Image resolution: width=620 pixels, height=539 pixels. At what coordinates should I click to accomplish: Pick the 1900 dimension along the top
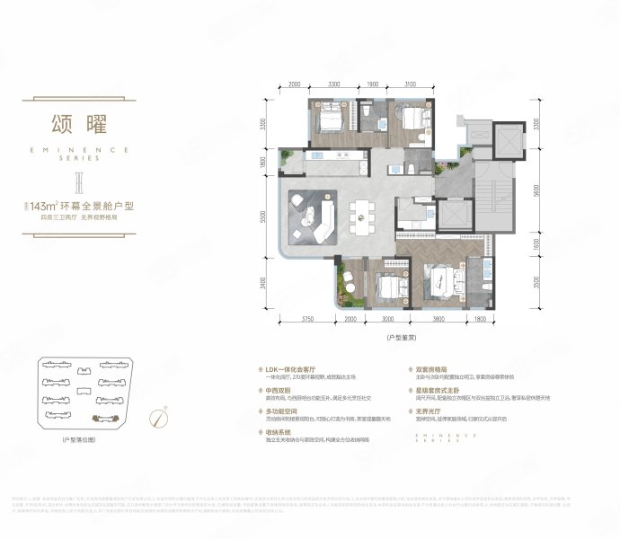point(373,83)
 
